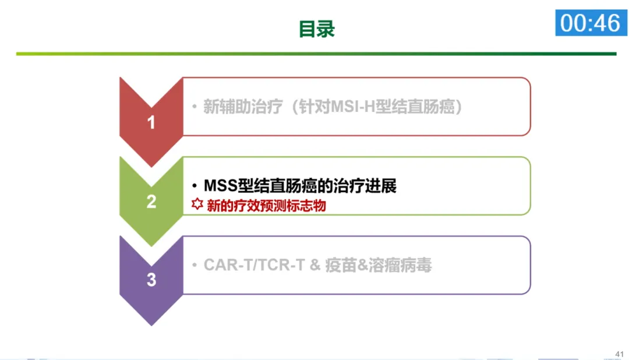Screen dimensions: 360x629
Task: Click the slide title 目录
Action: [317, 29]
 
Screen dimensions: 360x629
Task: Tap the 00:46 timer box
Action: [591, 23]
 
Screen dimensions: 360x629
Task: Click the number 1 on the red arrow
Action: [151, 123]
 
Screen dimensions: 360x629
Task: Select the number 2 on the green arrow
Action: [151, 202]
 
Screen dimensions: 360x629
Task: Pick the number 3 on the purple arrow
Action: [151, 280]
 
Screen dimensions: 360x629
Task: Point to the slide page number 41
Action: [619, 354]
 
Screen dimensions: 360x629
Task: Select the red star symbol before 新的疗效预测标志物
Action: [197, 204]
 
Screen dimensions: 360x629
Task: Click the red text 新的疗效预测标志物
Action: [266, 205]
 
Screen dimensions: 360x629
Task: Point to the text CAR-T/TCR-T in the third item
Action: [254, 266]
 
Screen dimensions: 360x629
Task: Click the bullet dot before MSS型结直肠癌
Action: [195, 186]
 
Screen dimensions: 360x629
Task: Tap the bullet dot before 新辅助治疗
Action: [195, 107]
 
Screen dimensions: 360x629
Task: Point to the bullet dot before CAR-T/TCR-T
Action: [195, 266]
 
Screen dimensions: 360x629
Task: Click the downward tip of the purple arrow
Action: [151, 323]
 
